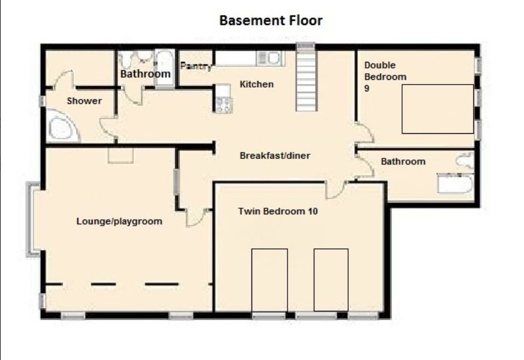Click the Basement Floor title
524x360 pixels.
(x=271, y=20)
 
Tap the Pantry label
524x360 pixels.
(x=196, y=66)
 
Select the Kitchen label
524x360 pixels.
(x=257, y=84)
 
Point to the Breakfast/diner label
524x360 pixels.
(x=275, y=155)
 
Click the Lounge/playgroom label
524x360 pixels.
(x=119, y=221)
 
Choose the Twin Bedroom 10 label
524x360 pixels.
(x=278, y=211)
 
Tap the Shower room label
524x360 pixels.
(x=84, y=101)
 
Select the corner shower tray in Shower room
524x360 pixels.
(x=62, y=126)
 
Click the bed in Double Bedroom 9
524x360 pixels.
(x=438, y=109)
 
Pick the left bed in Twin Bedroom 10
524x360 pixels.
(x=270, y=280)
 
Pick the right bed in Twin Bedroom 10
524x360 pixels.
(x=331, y=280)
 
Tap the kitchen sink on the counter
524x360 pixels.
(x=271, y=58)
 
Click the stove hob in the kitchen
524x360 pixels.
(x=223, y=104)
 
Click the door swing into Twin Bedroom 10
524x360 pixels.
(x=336, y=190)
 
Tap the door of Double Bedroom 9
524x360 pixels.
(x=364, y=133)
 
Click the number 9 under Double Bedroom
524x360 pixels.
(x=367, y=88)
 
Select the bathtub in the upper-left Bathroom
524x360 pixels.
(x=164, y=69)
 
